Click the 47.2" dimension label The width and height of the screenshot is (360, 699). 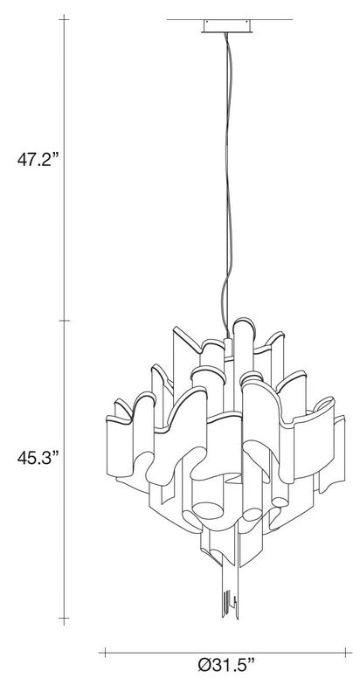38,159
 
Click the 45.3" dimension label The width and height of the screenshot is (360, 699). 38,458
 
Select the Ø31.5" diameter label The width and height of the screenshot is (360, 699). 226,679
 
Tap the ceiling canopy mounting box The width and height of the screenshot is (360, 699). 227,26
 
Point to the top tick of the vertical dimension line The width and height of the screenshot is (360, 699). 64,20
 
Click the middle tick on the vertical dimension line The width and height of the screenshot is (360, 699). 64,321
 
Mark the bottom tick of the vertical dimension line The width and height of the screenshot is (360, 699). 64,619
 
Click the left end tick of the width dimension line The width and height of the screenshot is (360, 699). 105,653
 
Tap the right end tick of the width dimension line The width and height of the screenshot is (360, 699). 345,653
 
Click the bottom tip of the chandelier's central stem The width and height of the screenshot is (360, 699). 231,618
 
